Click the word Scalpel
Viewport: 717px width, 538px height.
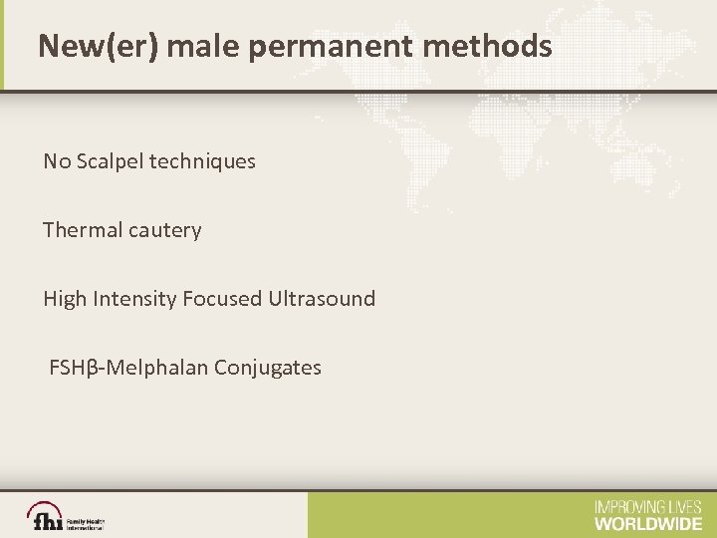pos(109,160)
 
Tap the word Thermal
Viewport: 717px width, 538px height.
pos(80,230)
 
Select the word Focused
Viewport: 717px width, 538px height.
pos(222,299)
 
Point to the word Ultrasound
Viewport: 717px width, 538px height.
pos(322,299)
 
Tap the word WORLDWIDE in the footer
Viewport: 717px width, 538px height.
pos(647,523)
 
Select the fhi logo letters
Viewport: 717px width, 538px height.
pos(46,521)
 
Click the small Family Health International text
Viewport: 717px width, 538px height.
pos(85,523)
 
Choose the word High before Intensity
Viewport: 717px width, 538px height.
pos(63,299)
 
